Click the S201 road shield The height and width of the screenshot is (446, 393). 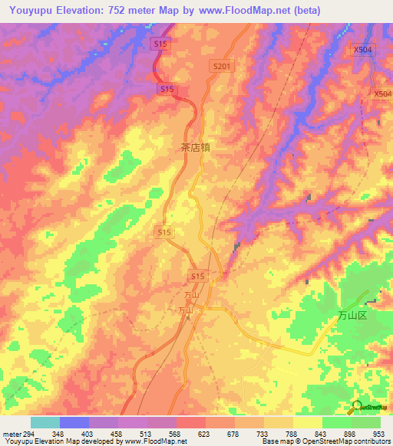[221, 67]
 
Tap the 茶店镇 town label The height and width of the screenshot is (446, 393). [194, 148]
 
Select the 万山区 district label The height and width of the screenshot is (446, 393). [355, 316]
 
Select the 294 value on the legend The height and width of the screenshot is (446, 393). [25, 433]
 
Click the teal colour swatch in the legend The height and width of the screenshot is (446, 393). [45, 422]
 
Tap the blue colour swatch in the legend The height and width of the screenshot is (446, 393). [74, 422]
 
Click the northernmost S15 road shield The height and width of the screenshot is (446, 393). [161, 45]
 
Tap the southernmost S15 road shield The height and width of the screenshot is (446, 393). [197, 275]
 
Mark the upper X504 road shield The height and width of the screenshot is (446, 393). [363, 49]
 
